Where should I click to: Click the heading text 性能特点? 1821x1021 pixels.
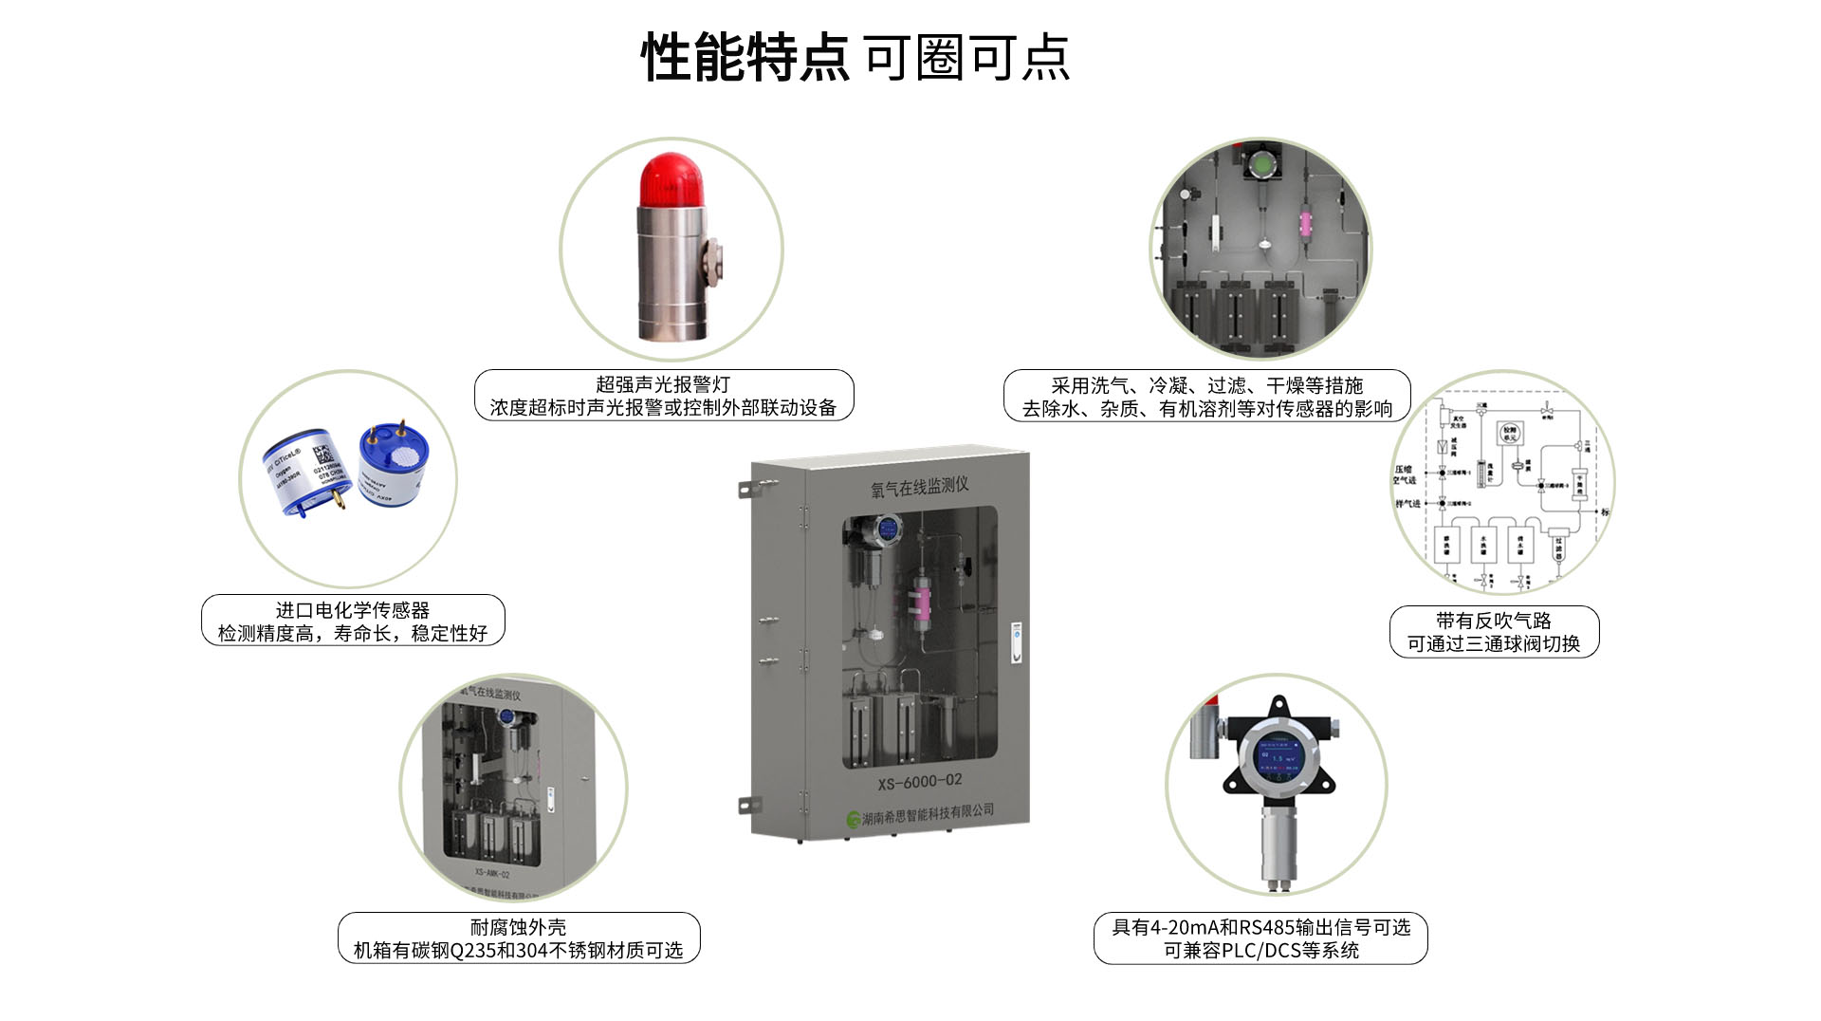745,58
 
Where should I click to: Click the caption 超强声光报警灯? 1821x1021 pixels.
663,384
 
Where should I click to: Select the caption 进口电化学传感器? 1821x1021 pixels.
353,610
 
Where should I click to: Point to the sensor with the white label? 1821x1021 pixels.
302,470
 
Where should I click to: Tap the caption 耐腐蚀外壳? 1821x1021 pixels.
518,927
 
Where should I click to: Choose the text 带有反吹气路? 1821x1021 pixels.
1493,621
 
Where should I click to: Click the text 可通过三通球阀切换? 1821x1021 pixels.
1493,644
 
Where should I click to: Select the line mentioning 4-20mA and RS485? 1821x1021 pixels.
1260,927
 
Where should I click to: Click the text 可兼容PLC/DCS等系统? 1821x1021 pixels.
1260,951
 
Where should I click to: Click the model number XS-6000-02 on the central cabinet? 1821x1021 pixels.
919,782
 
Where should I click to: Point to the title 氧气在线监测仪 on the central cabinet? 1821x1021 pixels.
919,487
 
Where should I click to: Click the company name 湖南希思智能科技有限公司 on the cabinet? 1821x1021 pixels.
927,814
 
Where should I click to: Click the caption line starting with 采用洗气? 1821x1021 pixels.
1206,385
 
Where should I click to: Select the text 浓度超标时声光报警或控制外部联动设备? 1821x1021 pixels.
663,408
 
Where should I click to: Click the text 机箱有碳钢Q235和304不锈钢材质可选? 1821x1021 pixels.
518,951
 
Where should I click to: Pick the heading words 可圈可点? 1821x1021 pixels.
967,58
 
